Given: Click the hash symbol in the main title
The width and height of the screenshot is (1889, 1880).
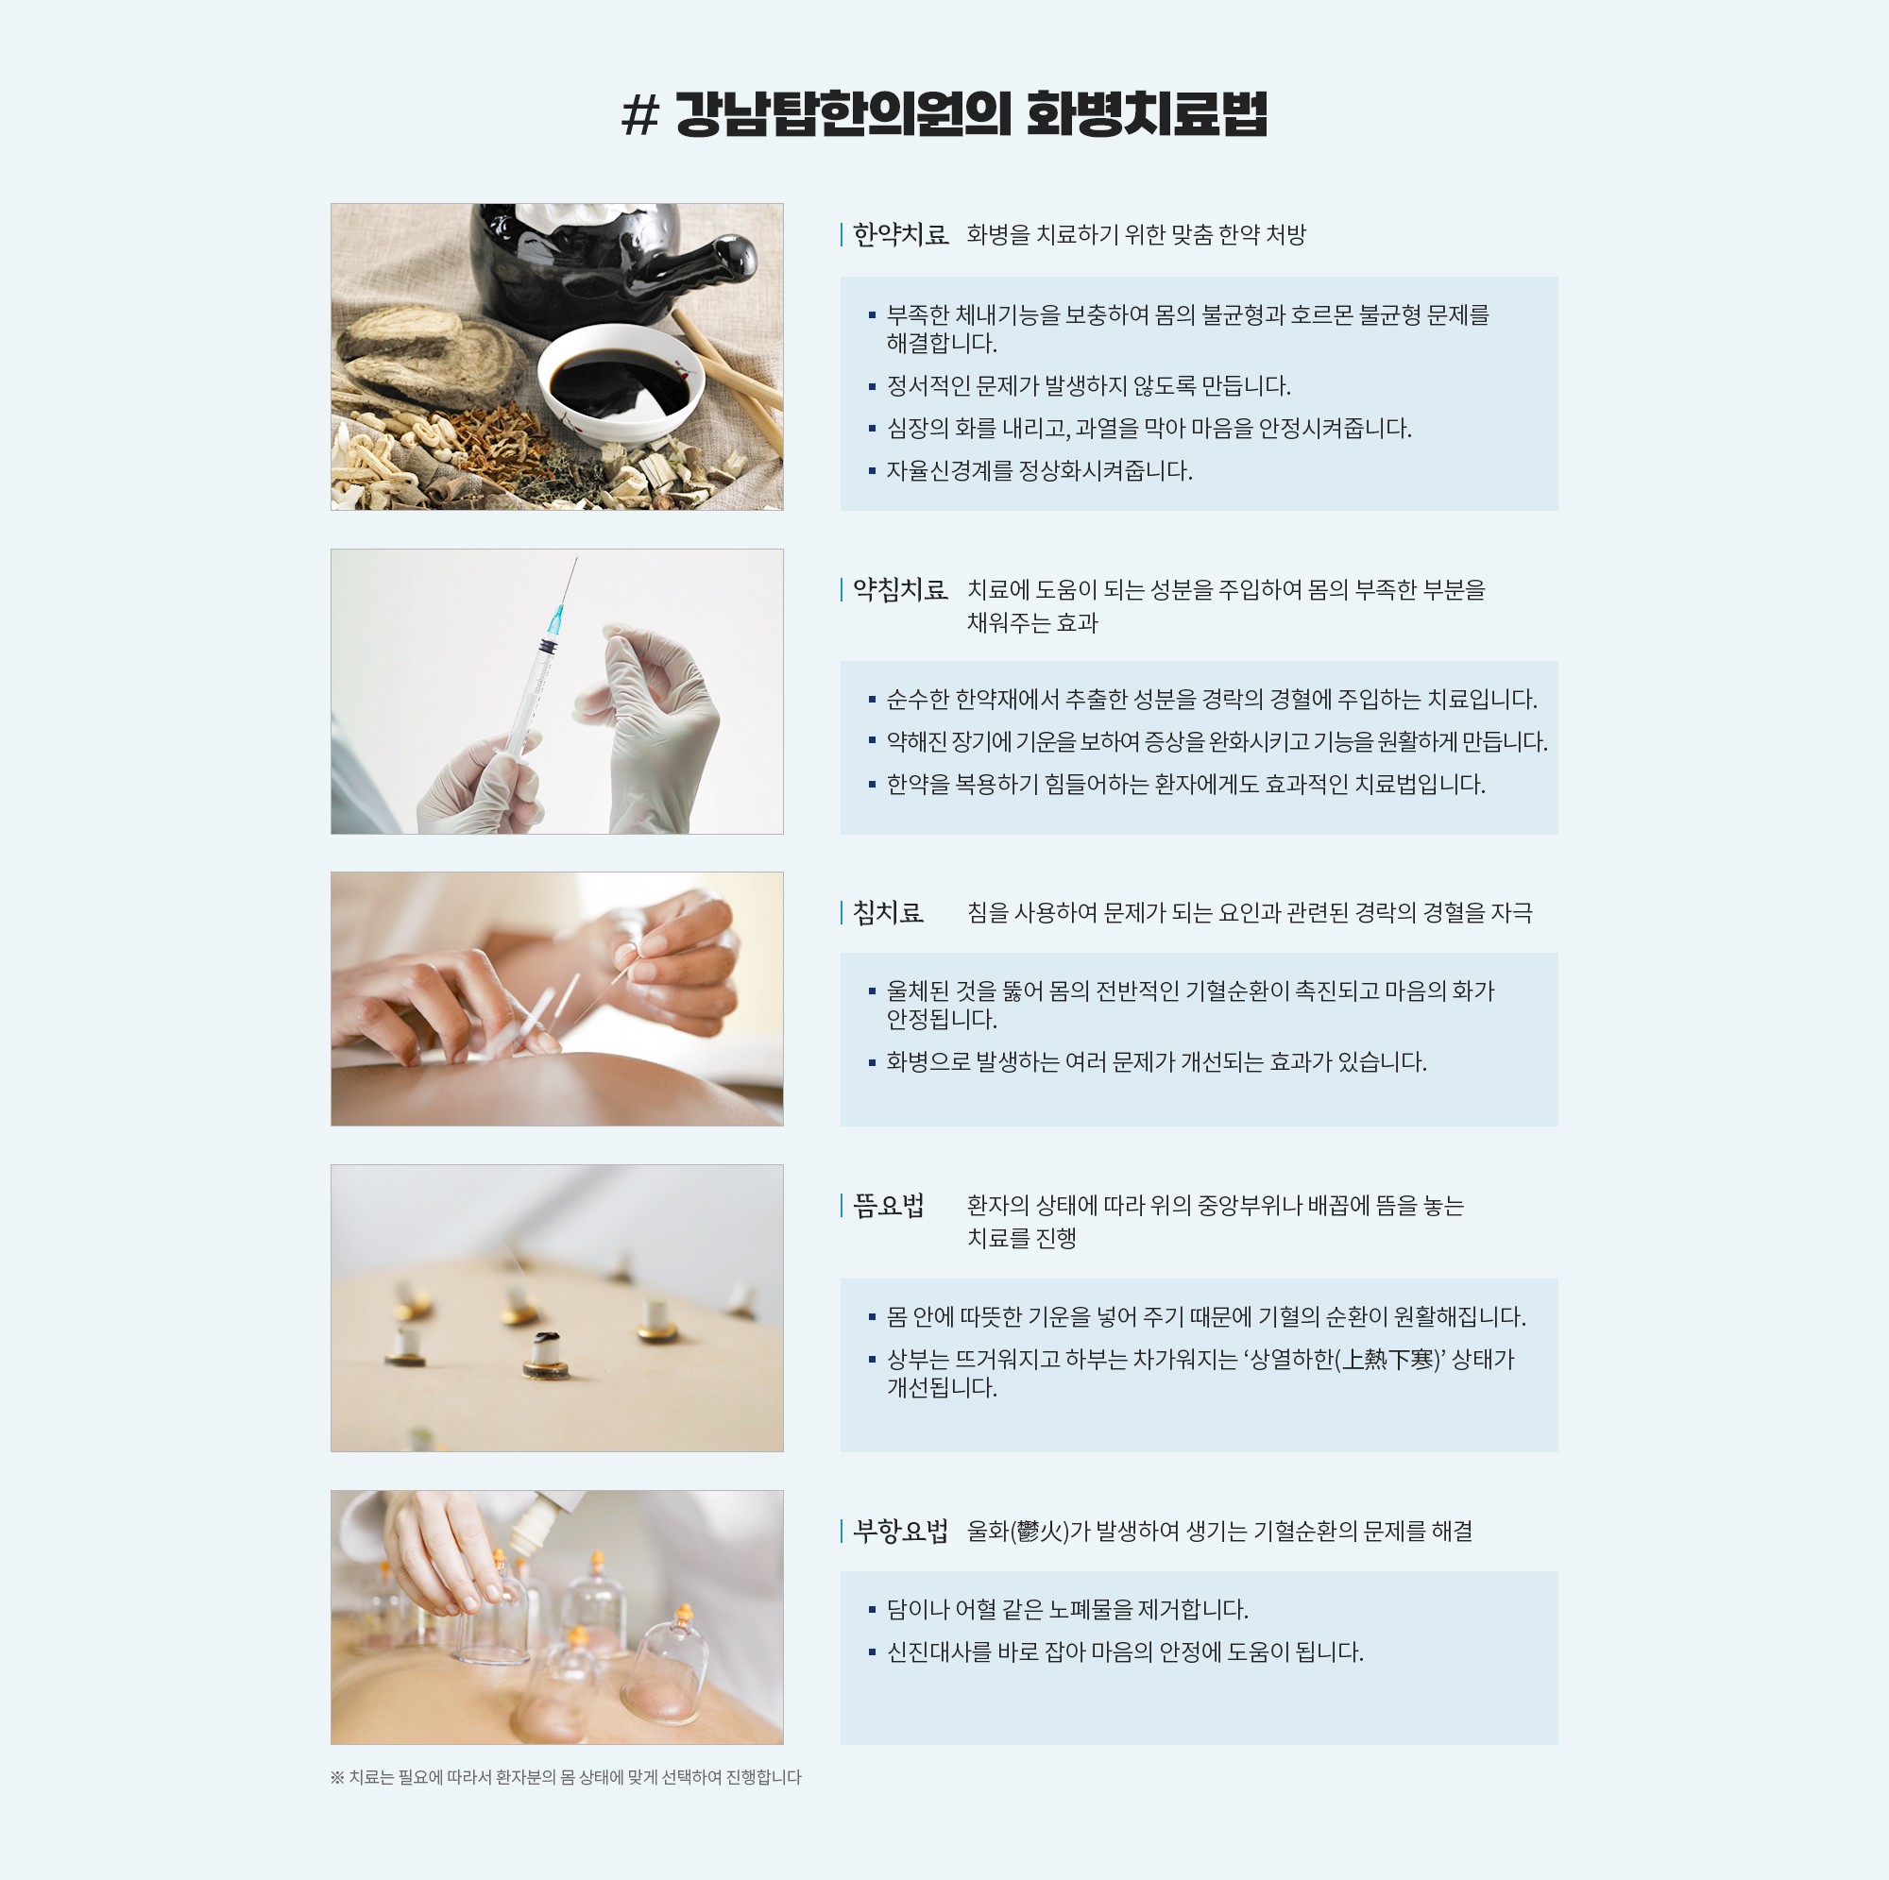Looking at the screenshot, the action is (641, 115).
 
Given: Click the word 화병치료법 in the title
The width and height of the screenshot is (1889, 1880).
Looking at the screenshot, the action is (1147, 114).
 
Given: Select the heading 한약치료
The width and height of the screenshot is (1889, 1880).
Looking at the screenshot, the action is (900, 234).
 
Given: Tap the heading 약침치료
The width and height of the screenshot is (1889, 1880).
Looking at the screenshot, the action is (900, 589).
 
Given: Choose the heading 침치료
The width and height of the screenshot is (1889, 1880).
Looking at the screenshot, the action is (888, 912).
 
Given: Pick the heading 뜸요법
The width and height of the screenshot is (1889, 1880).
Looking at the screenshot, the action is (888, 1206).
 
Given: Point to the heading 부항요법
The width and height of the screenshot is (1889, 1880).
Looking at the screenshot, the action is (900, 1531).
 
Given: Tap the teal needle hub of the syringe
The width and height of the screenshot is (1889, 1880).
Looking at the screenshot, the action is (556, 618).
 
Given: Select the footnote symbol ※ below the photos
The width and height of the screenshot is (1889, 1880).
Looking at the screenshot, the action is (337, 1777).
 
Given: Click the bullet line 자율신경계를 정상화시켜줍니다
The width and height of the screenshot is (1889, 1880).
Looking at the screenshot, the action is (1039, 471).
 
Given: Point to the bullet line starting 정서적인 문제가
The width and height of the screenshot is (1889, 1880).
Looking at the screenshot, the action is (1088, 386).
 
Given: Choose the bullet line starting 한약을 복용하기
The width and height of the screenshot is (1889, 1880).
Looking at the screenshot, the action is (1185, 785).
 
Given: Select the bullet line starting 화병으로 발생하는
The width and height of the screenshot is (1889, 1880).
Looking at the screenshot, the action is (1156, 1062).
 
